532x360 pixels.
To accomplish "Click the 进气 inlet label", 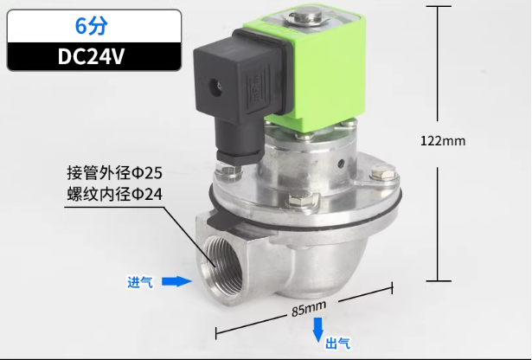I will coord(139,282).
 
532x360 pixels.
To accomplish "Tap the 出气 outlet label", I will coord(337,344).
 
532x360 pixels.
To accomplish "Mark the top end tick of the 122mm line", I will coord(441,7).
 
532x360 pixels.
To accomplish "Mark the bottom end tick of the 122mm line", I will coord(441,280).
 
